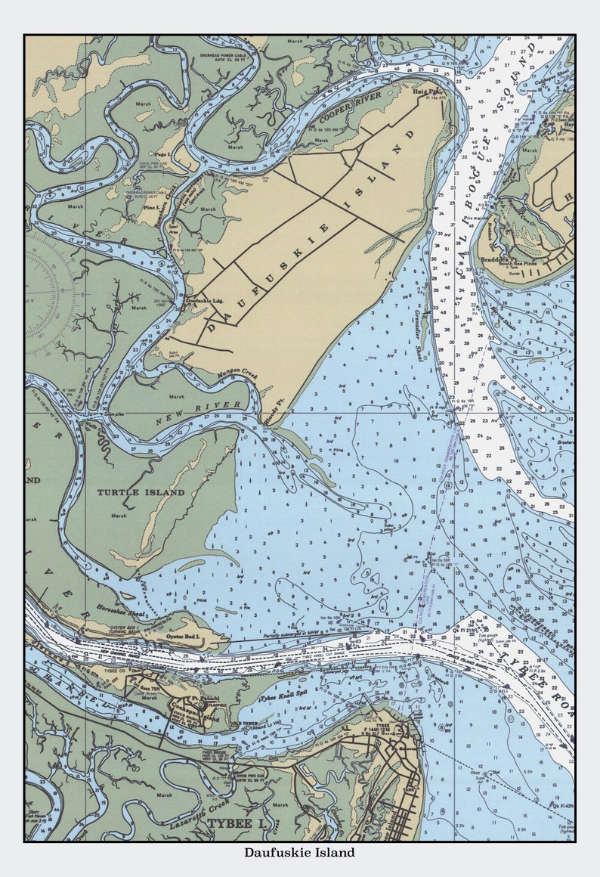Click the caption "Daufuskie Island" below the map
click(299, 853)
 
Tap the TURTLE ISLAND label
click(141, 492)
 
